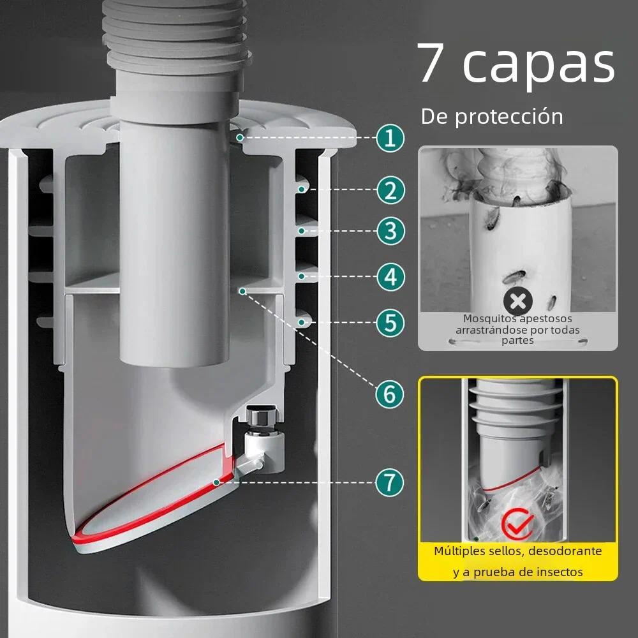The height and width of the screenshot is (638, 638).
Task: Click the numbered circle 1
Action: pyautogui.click(x=390, y=138)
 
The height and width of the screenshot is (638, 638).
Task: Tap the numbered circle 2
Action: pyautogui.click(x=390, y=190)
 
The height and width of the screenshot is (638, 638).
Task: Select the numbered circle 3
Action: pyautogui.click(x=390, y=231)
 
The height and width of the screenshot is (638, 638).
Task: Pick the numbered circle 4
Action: pyautogui.click(x=390, y=277)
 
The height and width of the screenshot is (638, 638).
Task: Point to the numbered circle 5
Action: pyautogui.click(x=390, y=323)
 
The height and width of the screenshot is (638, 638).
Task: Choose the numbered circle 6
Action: pyautogui.click(x=389, y=394)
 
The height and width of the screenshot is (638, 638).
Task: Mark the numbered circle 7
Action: pyautogui.click(x=389, y=482)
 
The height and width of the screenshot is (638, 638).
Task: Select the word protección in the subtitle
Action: pyautogui.click(x=508, y=117)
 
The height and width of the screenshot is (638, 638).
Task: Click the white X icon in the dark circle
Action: pyautogui.click(x=517, y=302)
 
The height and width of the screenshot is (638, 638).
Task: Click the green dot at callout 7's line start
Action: pyautogui.click(x=217, y=482)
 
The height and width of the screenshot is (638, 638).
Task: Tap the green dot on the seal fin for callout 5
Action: pyautogui.click(x=302, y=322)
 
